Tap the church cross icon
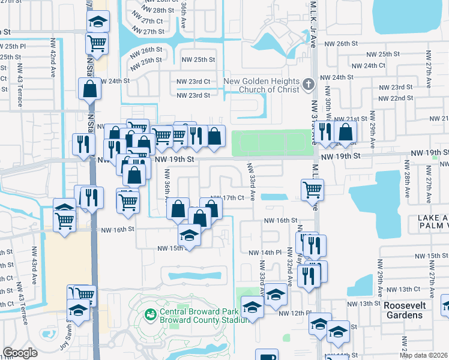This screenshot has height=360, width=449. click(309, 85)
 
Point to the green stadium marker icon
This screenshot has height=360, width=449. click(149, 314)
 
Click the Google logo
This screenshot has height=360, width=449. click(20, 353)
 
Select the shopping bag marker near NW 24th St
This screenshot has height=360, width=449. click(89, 88)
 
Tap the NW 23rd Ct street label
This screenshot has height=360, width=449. click(193, 82)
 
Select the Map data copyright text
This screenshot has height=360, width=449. click(423, 355)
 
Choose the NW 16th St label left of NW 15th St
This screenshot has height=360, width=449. click(116, 230)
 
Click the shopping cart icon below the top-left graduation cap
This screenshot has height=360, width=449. click(96, 42)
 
